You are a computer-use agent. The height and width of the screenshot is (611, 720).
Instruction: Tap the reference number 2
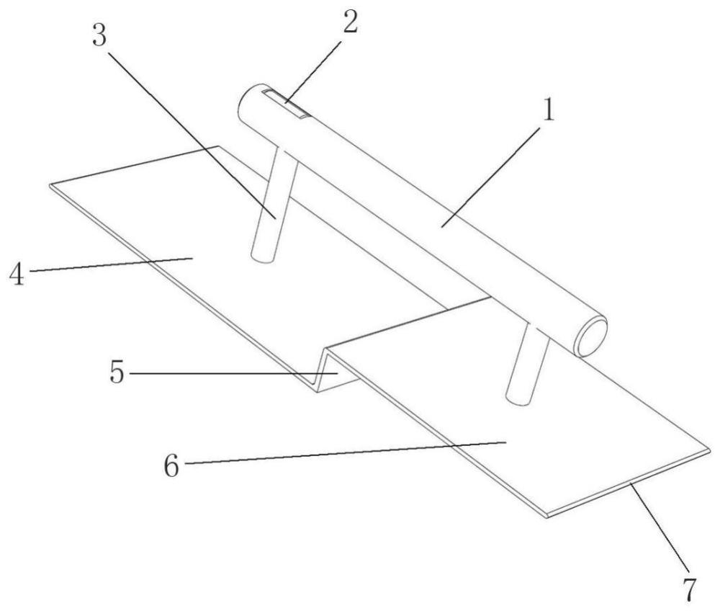pos(350,22)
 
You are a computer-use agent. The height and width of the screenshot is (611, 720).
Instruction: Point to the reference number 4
pos(17,275)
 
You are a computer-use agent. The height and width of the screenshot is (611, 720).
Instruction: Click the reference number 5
pos(117,372)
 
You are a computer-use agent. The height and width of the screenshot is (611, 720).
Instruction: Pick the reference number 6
pos(172,466)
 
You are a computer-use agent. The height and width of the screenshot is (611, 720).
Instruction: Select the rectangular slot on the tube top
pos(285,103)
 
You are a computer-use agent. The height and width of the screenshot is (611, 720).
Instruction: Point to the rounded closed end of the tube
pos(248,102)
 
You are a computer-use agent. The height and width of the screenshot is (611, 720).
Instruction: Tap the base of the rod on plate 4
pos(263,257)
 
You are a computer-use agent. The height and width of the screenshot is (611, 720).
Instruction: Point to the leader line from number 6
pos(346,452)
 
